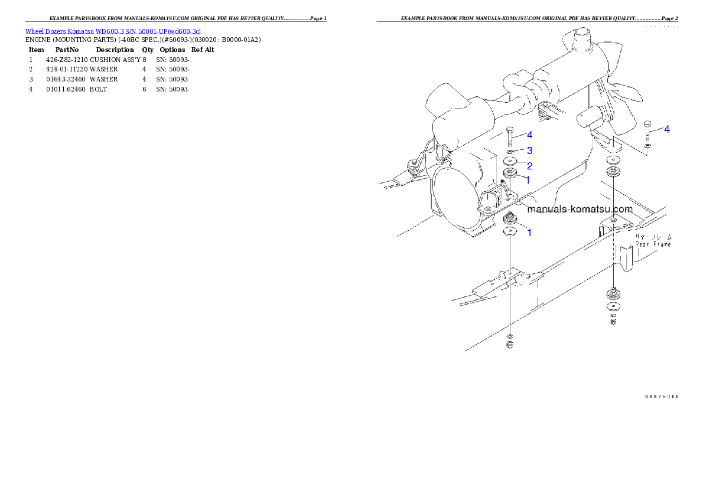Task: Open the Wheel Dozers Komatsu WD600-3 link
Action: [113, 31]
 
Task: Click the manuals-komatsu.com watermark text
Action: [580, 209]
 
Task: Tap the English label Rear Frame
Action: [653, 244]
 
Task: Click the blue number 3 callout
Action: [530, 151]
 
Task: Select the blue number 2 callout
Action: [530, 166]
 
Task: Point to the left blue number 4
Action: [530, 135]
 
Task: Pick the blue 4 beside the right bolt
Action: [667, 129]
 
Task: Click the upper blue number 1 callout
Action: [528, 179]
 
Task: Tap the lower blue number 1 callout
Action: [529, 233]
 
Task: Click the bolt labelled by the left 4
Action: [510, 136]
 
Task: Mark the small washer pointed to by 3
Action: [510, 152]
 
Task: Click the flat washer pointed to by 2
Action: [510, 162]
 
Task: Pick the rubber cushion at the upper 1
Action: [510, 174]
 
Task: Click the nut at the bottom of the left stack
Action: [510, 345]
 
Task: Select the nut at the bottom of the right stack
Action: [614, 322]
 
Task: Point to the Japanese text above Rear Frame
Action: [653, 236]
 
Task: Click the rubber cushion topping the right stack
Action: [614, 173]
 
